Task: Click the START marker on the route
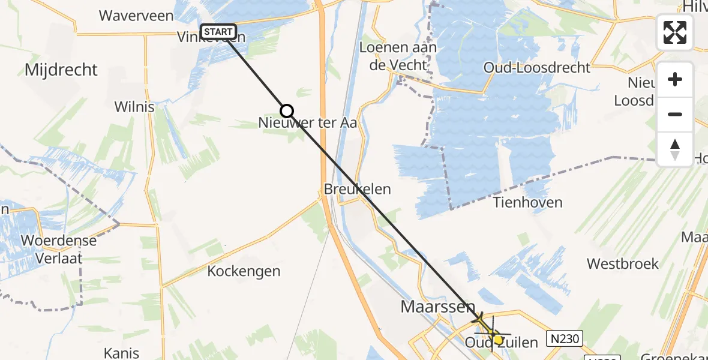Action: click(x=218, y=32)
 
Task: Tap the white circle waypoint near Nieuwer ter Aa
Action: click(x=287, y=110)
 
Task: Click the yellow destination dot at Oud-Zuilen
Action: click(x=498, y=340)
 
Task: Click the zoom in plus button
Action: click(x=675, y=79)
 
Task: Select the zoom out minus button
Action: click(x=675, y=114)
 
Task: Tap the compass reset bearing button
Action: click(x=675, y=149)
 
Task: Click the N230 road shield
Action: click(x=565, y=339)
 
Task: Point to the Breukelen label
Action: click(x=357, y=189)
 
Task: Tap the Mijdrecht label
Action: click(x=61, y=70)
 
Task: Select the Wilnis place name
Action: click(x=134, y=107)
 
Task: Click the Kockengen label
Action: click(x=244, y=271)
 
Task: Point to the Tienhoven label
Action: click(x=527, y=202)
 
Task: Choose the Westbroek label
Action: click(x=622, y=264)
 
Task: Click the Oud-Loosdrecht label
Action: click(x=537, y=68)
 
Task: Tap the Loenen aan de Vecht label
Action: click(x=398, y=56)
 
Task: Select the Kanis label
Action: click(x=121, y=353)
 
